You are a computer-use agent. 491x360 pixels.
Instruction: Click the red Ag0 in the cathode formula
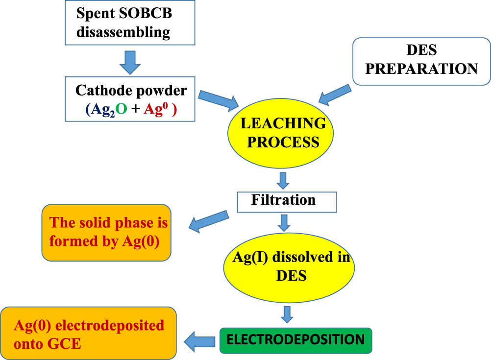[x=155, y=111]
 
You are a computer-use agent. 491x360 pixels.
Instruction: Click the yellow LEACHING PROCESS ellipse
[x=281, y=133]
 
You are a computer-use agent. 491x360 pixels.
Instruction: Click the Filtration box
[x=287, y=201]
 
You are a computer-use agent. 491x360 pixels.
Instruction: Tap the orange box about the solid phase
[x=106, y=232]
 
